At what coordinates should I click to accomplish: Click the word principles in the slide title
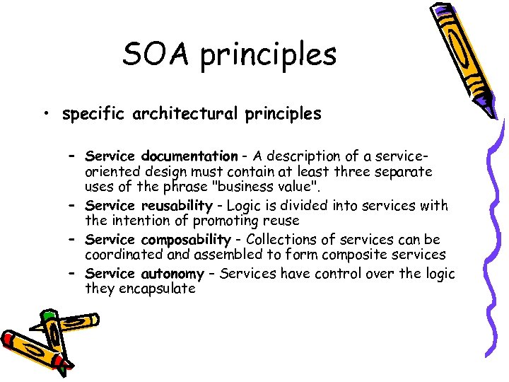[x=268, y=55]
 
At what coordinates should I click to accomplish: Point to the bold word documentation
[x=189, y=156]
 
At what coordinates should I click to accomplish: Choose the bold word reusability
[x=175, y=206]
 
